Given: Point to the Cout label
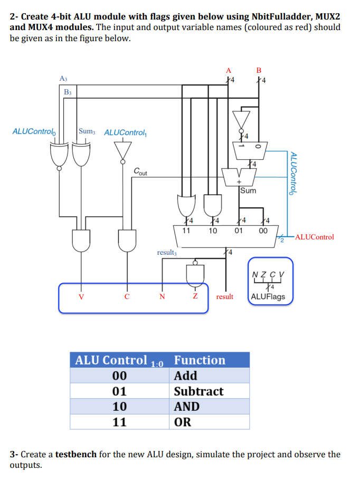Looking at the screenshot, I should click(x=141, y=171).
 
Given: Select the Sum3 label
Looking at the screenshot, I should click(x=87, y=131).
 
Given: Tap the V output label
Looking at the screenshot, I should click(x=81, y=297).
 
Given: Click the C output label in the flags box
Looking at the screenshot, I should click(x=127, y=297).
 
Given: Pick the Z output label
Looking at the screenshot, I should click(x=195, y=297).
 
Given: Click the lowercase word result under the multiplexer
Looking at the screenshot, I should click(x=225, y=297).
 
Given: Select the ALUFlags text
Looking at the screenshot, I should click(x=268, y=296).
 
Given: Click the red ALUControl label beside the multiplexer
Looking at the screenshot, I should click(x=315, y=237).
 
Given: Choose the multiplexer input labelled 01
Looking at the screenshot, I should click(x=238, y=230).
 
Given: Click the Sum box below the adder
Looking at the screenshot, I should click(x=248, y=190).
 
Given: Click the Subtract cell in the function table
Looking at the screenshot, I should click(x=198, y=391).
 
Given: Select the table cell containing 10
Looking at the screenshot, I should click(x=120, y=407).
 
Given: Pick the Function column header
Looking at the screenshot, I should click(x=200, y=360).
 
